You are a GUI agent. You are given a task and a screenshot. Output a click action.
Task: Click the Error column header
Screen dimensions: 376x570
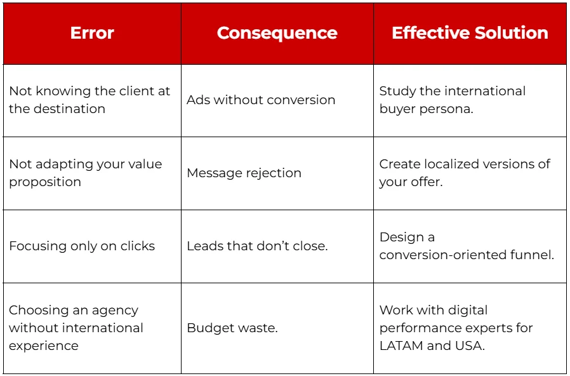pos(92,33)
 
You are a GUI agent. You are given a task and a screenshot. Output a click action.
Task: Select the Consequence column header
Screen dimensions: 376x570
pos(277,33)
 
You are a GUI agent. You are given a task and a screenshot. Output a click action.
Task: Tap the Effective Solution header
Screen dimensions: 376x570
pos(470,33)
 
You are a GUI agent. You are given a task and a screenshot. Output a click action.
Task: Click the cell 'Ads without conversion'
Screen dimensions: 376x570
pos(261,100)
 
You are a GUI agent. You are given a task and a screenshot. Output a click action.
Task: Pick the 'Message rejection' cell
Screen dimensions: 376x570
pos(244,173)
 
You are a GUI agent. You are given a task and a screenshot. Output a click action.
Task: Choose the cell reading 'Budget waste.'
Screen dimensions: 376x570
pos(232,328)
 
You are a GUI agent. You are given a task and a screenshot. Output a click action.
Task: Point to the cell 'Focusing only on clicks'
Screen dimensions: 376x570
pos(82,246)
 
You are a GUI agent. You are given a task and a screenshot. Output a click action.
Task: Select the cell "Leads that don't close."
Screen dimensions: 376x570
pos(257,246)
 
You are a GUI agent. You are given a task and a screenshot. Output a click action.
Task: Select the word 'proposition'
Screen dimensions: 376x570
pos(45,182)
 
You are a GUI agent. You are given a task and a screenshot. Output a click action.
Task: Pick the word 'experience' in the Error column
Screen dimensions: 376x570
pos(44,346)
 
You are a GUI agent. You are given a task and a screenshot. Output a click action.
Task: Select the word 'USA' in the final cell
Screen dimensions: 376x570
pos(471,346)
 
